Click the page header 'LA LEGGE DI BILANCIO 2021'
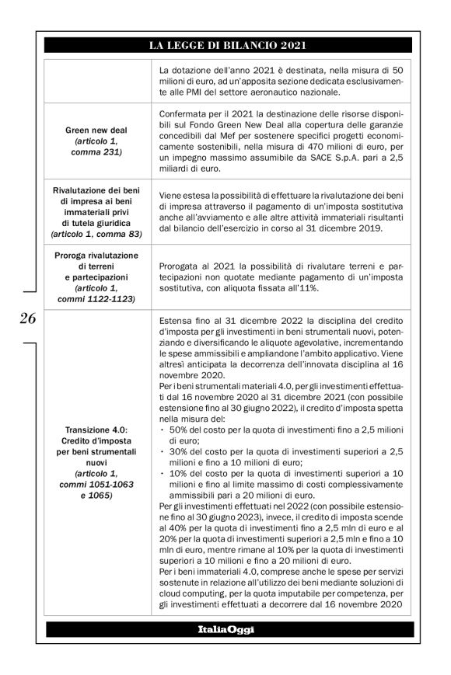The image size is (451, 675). pos(225,46)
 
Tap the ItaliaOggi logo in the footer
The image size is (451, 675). pos(225,628)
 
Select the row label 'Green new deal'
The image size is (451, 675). pos(96,130)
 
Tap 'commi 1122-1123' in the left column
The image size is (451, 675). pos(96,298)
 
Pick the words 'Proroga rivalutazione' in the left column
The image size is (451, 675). pos(96,256)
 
